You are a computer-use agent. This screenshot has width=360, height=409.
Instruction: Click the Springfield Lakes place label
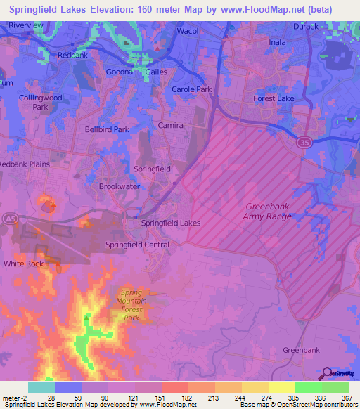(171, 223)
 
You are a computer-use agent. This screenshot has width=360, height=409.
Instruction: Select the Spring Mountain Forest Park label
(131, 305)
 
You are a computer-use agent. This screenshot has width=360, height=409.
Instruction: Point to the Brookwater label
(119, 187)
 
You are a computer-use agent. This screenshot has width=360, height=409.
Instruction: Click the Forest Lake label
(274, 99)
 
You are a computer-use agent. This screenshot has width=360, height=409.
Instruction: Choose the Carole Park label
(191, 90)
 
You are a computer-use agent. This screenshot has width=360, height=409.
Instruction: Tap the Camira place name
(171, 125)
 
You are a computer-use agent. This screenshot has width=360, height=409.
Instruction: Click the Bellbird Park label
(107, 130)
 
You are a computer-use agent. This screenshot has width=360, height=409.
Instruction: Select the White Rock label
(23, 264)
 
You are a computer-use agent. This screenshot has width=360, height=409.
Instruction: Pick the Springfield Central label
(137, 245)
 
